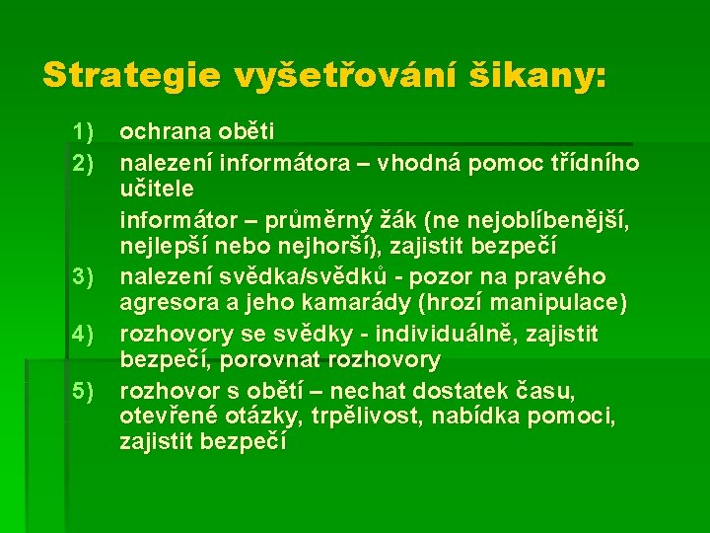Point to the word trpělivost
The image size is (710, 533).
click(x=367, y=417)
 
